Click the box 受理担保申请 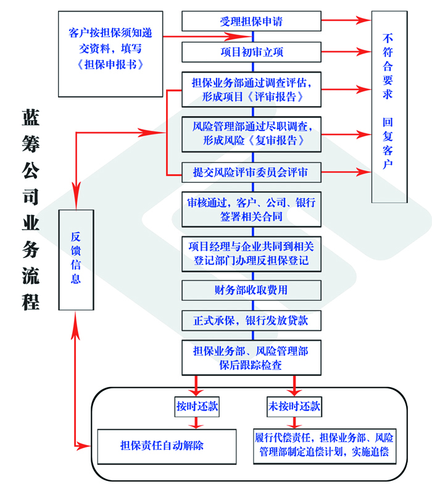coord(252,22)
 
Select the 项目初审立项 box coord(252,51)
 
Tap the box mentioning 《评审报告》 coord(252,90)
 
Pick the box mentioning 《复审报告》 coord(252,133)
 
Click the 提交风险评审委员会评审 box coord(252,173)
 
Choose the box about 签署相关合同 coord(252,209)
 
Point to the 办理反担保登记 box coord(252,254)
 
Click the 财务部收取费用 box coord(252,290)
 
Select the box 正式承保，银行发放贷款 coord(252,321)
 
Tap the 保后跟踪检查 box coord(252,358)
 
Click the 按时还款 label coord(197,407)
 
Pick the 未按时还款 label coord(294,407)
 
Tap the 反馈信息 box coord(75,260)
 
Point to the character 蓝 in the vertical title coord(31,117)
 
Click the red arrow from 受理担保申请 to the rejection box coord(346,21)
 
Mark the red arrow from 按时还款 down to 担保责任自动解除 coord(197,423)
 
